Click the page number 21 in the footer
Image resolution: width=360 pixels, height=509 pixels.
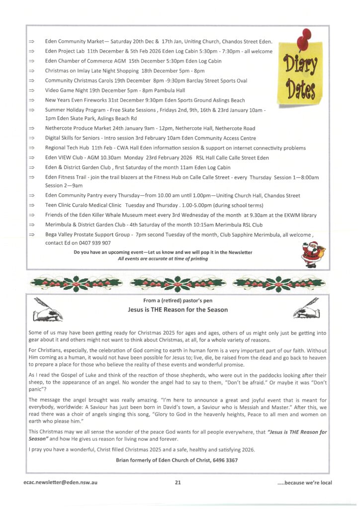tap(178, 482)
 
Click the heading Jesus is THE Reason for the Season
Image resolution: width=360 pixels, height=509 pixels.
tap(178, 310)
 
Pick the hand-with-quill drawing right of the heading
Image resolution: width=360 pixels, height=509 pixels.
tap(306, 309)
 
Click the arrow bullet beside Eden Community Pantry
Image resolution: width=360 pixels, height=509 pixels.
tap(31, 196)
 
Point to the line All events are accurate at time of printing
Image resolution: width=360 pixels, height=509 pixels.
tap(163, 258)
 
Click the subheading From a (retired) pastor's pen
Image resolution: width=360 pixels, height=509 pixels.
tap(178, 300)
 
